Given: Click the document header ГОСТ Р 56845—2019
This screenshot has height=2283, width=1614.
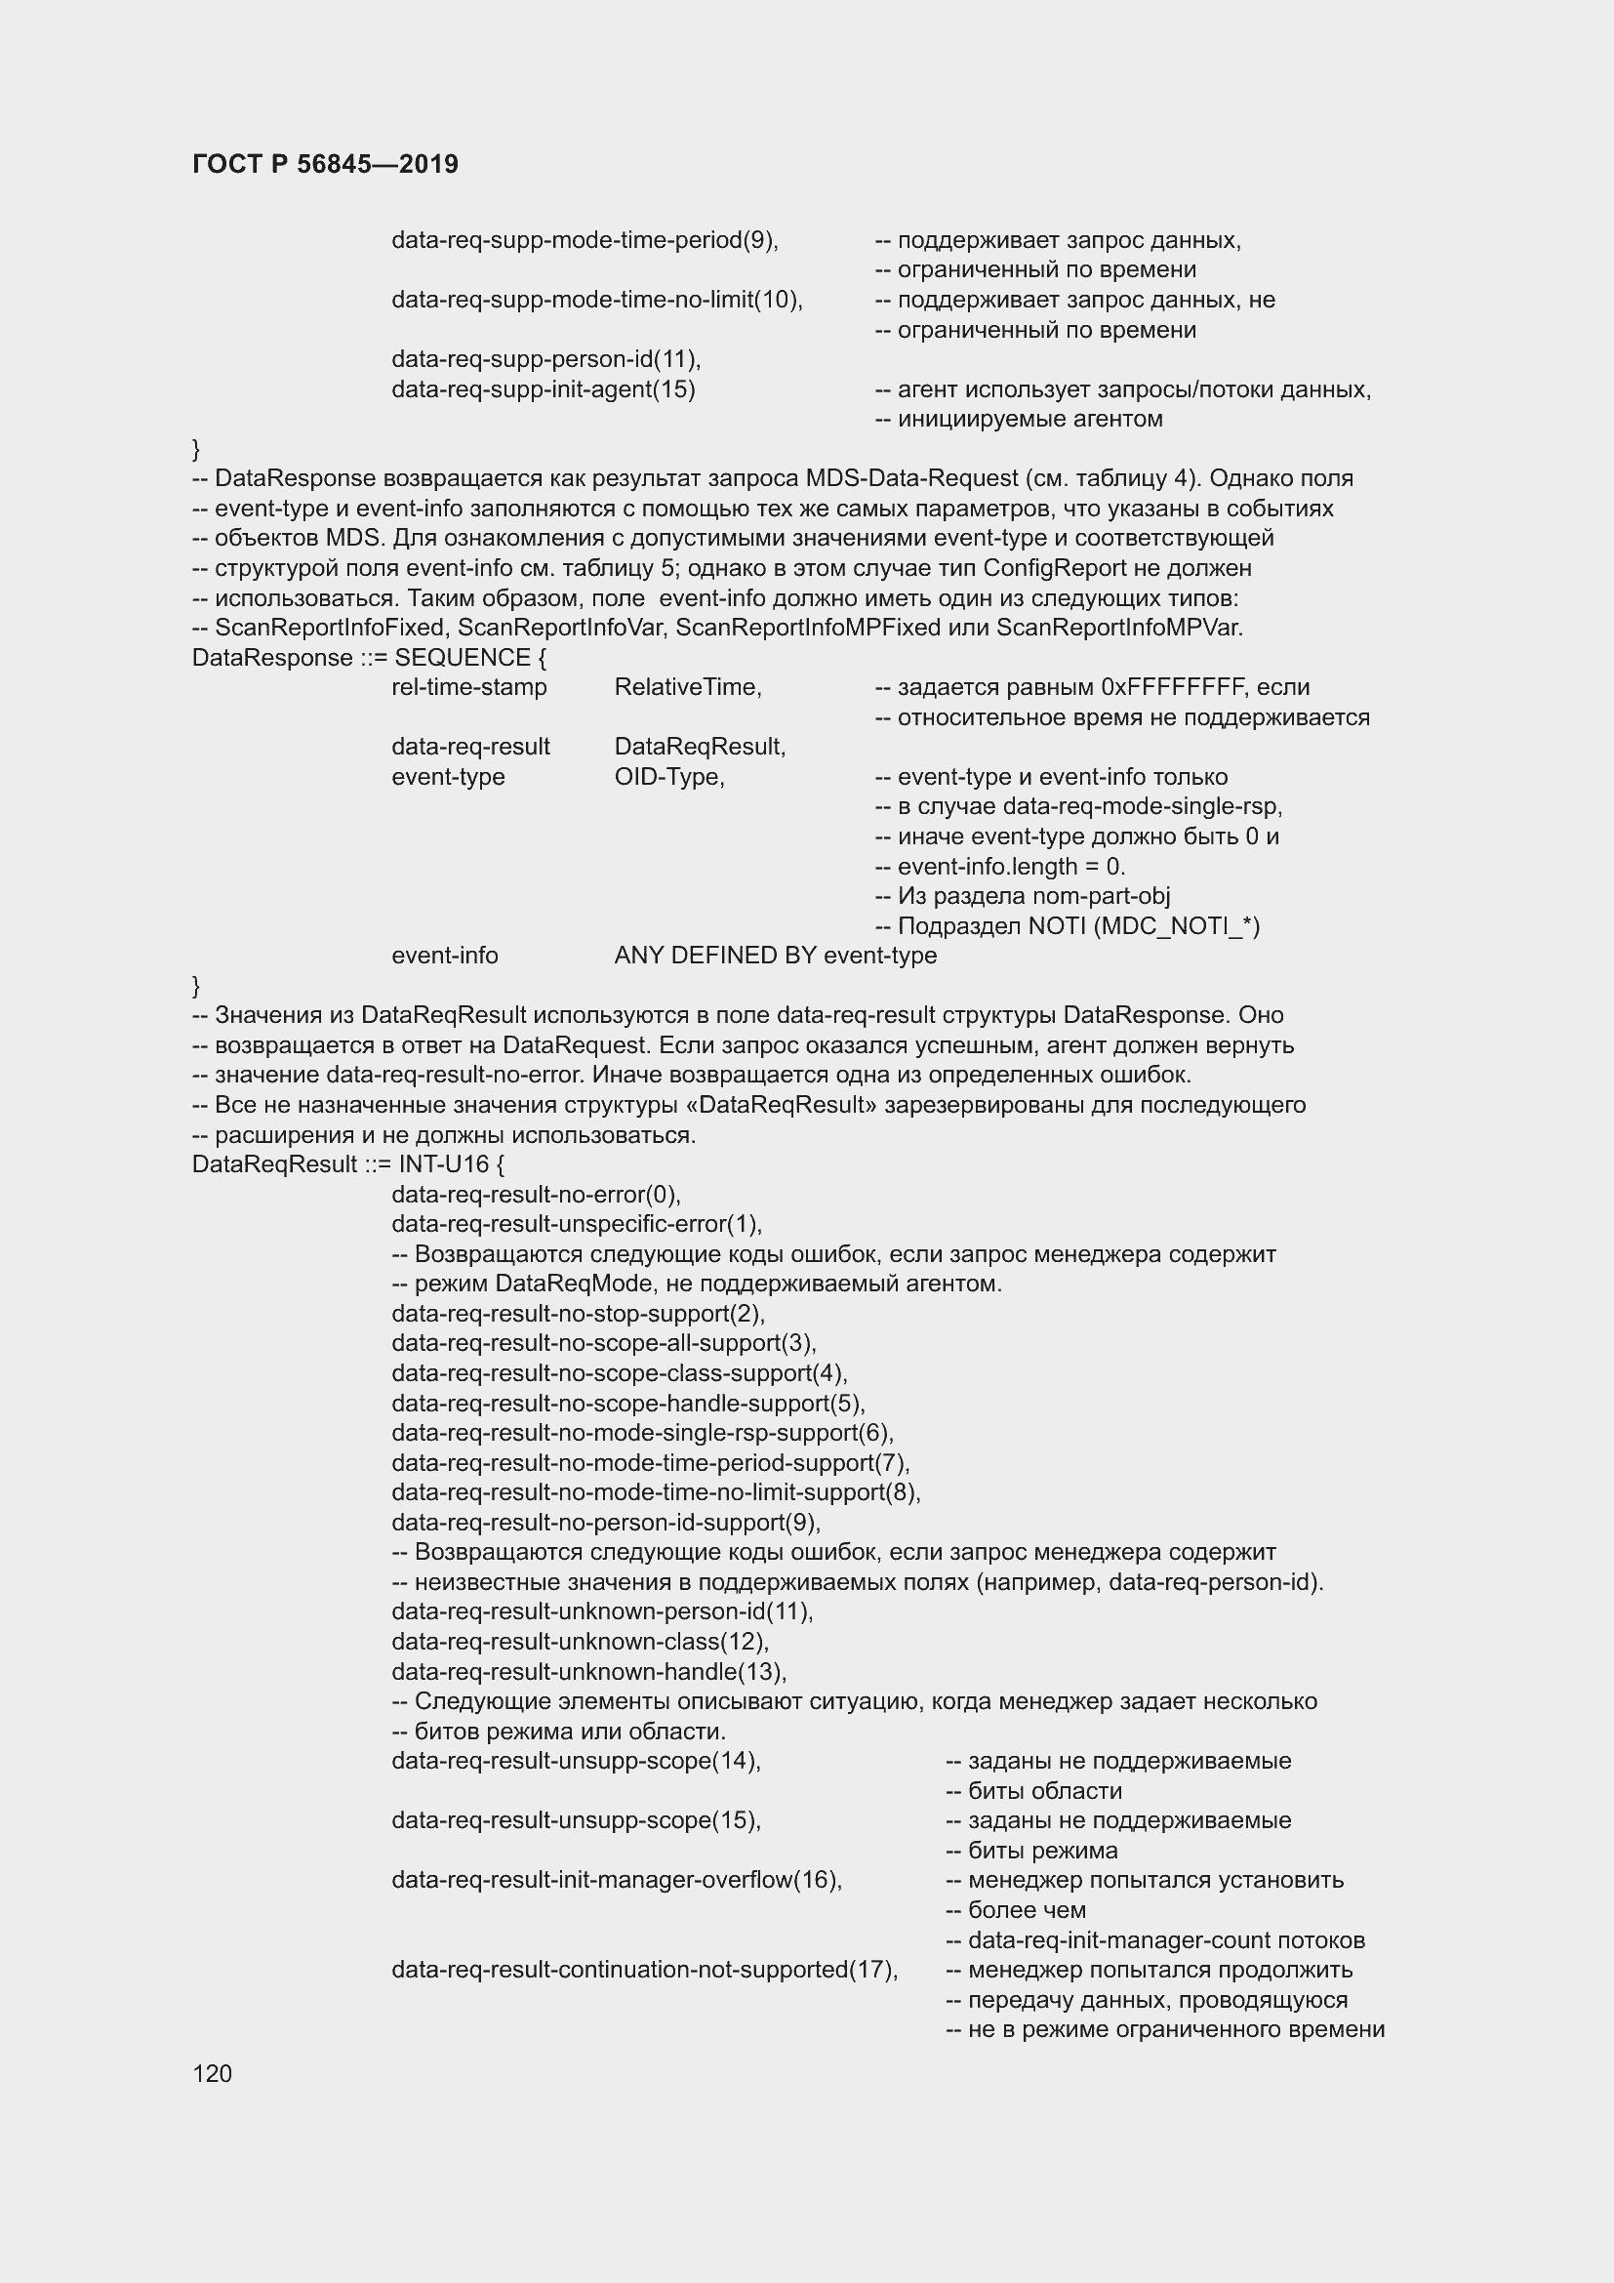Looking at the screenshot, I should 325,164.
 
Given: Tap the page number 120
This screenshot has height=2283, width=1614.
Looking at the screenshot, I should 212,2073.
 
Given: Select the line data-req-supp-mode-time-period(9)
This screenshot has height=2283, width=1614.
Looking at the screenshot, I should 585,240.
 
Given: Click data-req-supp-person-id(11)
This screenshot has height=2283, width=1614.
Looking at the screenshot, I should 545,359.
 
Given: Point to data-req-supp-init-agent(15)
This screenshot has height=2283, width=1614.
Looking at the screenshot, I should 543,388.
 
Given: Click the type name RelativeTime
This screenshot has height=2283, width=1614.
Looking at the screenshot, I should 688,687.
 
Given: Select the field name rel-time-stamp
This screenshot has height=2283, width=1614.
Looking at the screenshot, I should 469,687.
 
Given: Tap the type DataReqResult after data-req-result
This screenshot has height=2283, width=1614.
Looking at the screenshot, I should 700,747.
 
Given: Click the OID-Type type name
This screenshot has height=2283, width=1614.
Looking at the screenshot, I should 668,777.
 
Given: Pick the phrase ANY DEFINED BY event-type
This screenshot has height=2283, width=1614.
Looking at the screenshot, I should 775,956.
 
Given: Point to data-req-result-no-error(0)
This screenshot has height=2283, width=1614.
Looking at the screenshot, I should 536,1194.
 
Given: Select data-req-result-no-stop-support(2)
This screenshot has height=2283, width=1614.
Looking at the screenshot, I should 579,1314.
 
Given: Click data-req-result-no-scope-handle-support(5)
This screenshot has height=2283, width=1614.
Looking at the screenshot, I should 628,1403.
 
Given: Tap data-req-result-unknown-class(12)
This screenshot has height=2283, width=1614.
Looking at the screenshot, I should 581,1642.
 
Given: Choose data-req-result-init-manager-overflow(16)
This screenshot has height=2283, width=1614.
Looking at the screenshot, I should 616,1880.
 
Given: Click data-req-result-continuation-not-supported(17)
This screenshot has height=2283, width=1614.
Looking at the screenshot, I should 644,1970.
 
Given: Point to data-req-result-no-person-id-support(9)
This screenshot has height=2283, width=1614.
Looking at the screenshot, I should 605,1523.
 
